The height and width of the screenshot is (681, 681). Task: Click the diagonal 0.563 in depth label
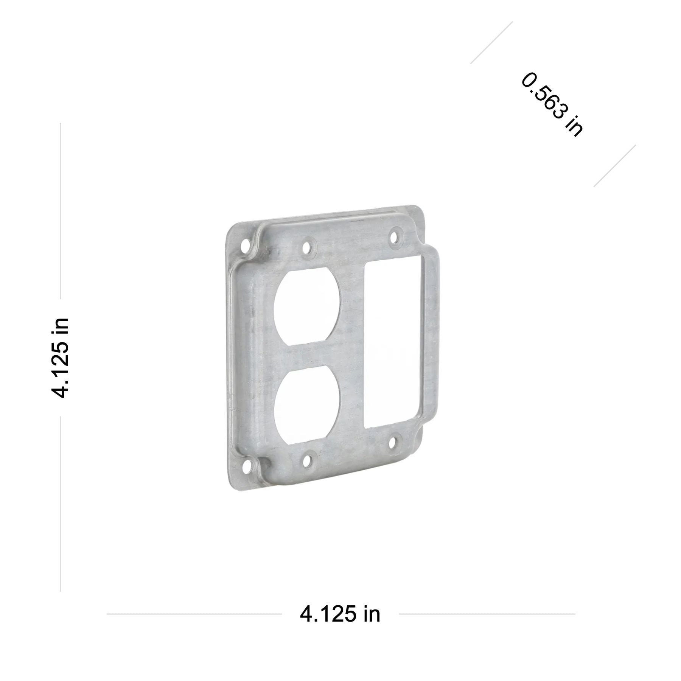tap(552, 104)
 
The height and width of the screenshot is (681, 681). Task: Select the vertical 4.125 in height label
tap(60, 358)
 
